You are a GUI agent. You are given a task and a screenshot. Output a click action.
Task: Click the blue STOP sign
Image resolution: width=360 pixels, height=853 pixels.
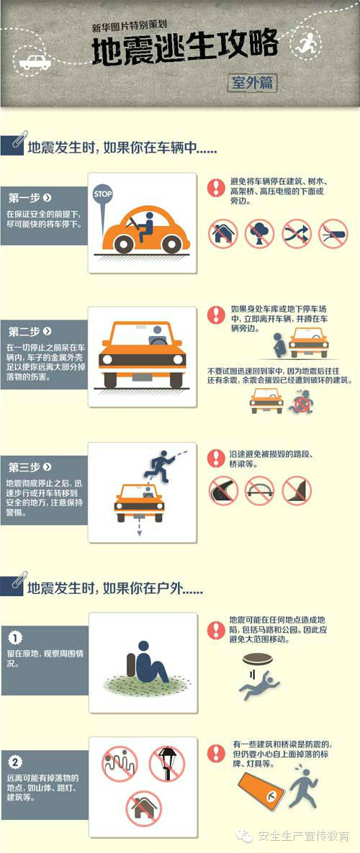pos(102,194)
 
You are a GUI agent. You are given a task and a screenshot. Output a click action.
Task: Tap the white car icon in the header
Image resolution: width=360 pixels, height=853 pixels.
pos(35,62)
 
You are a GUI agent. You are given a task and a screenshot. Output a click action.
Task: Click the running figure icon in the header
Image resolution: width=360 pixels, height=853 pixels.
pos(307,42)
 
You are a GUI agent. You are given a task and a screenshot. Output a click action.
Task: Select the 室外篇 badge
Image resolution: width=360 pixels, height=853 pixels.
pos(252,83)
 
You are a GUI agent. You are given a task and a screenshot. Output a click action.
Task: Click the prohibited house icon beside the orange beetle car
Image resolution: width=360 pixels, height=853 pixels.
pos(223,233)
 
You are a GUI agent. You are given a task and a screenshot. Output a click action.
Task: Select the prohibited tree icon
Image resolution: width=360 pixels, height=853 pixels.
pos(260,233)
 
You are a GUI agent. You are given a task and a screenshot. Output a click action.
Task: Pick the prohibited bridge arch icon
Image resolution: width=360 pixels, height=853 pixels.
pos(259,491)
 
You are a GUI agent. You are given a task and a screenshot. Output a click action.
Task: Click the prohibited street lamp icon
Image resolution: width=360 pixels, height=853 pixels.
pos(167,764)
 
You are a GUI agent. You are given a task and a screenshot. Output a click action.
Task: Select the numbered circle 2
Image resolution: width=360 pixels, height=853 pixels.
pos(17,762)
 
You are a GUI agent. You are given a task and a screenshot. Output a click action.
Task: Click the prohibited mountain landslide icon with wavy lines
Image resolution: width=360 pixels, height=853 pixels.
pos(120,764)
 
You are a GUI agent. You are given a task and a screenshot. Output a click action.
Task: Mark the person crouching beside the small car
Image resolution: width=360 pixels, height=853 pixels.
pos(279,346)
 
